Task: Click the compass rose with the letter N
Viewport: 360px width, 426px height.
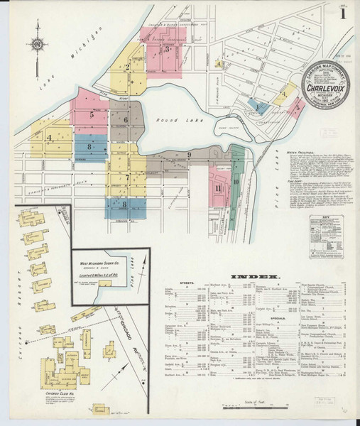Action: [36, 47]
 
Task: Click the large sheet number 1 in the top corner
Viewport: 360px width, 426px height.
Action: [344, 15]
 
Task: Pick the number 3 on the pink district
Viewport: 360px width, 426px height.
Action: [166, 49]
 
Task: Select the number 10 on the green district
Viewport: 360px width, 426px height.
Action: [236, 182]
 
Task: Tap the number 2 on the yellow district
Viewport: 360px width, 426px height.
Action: [128, 68]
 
